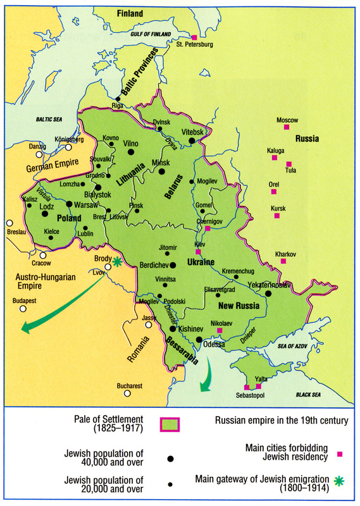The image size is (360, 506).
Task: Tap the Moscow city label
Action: (x=287, y=120)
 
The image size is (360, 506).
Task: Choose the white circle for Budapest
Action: (x=23, y=309)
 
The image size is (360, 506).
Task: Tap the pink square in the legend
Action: (x=340, y=454)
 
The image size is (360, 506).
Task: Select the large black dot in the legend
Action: (x=170, y=458)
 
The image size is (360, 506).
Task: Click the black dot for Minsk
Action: (x=162, y=171)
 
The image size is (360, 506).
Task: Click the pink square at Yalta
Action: (x=258, y=386)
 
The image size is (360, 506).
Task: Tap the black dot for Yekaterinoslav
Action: (x=269, y=293)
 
